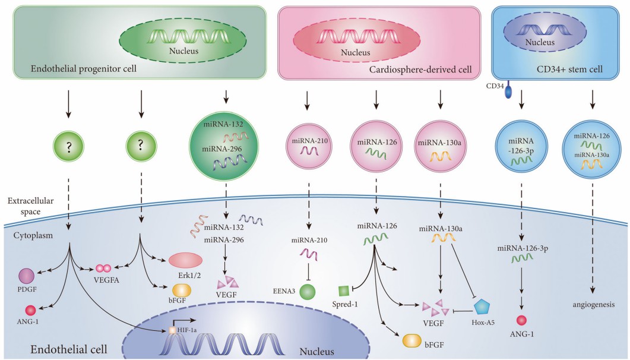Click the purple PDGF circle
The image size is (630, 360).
tap(27, 276)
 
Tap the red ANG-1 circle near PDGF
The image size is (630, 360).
tap(30, 310)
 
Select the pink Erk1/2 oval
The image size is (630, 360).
tap(186, 261)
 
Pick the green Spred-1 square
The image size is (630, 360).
tap(343, 291)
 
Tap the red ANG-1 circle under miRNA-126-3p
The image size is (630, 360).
tap(521, 321)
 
